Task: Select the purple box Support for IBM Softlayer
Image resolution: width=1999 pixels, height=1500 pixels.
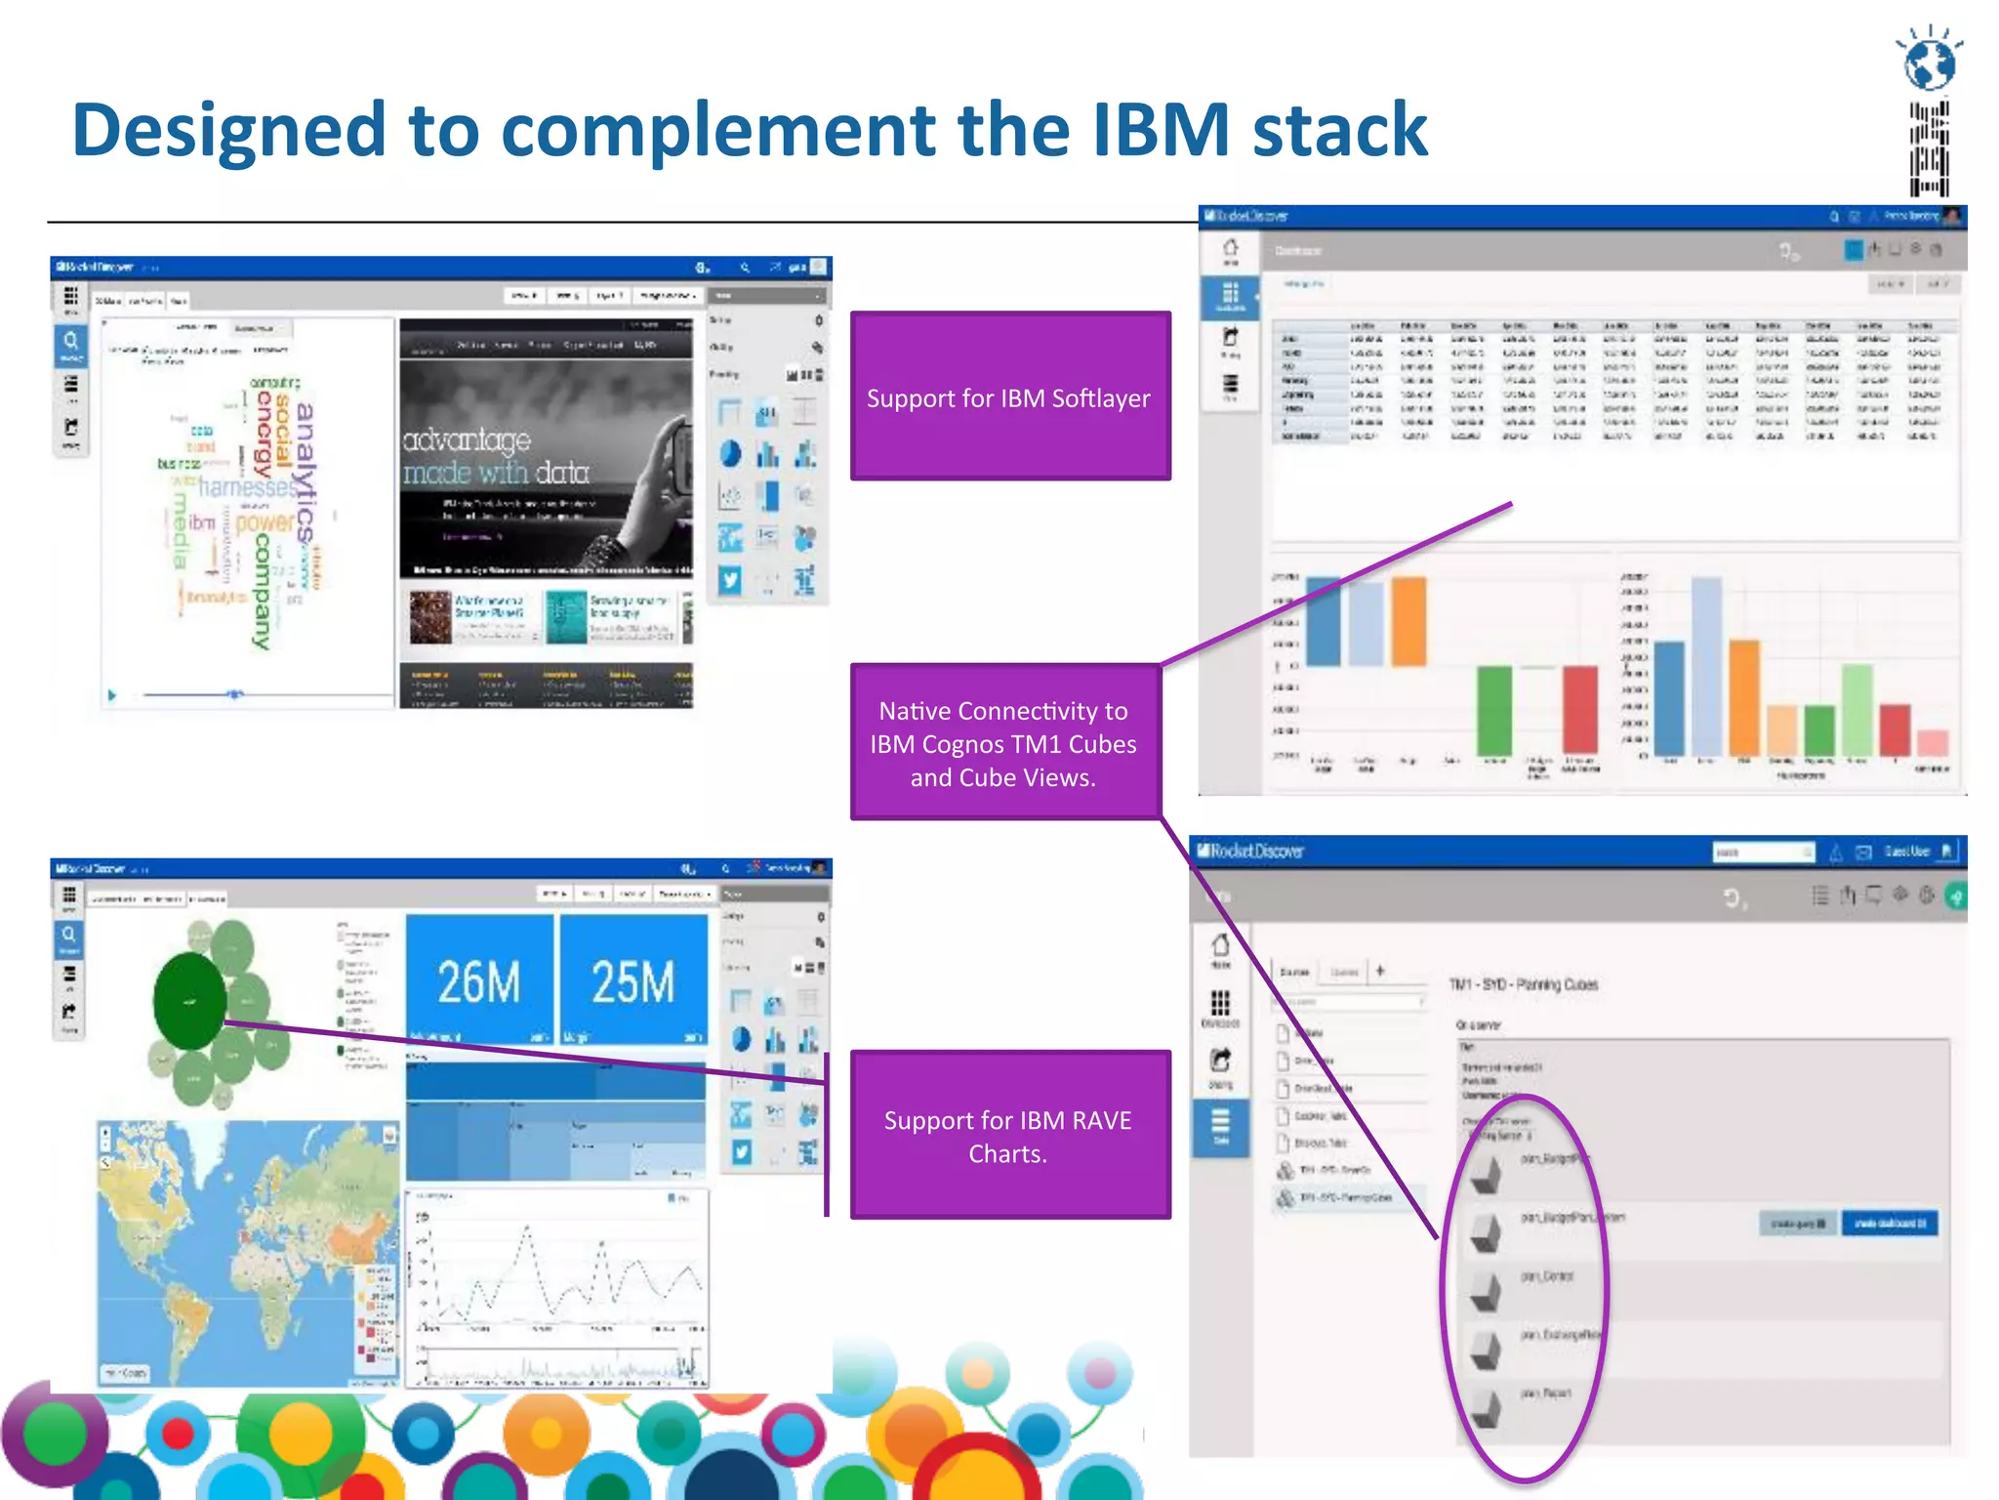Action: [x=1009, y=396]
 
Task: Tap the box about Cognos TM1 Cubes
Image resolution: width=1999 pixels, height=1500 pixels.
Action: [x=1003, y=742]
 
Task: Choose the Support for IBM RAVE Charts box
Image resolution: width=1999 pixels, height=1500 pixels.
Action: [x=1009, y=1135]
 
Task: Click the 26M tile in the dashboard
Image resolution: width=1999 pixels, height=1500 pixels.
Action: [x=478, y=980]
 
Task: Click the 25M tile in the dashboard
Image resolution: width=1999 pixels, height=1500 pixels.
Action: [x=632, y=980]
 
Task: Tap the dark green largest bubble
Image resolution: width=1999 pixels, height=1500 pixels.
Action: [x=189, y=1001]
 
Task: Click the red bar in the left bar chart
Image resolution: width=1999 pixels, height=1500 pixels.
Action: [x=1579, y=710]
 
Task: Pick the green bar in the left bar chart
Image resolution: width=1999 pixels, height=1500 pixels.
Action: [x=1493, y=710]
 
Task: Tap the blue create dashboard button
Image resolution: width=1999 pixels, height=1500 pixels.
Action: [x=1889, y=1223]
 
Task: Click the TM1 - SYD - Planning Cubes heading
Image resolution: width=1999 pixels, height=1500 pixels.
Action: [x=1524, y=984]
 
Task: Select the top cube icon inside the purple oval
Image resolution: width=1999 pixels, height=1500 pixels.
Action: [x=1486, y=1175]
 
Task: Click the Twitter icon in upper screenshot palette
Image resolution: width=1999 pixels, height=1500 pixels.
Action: [x=730, y=580]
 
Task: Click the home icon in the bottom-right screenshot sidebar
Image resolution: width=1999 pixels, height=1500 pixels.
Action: [x=1220, y=946]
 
